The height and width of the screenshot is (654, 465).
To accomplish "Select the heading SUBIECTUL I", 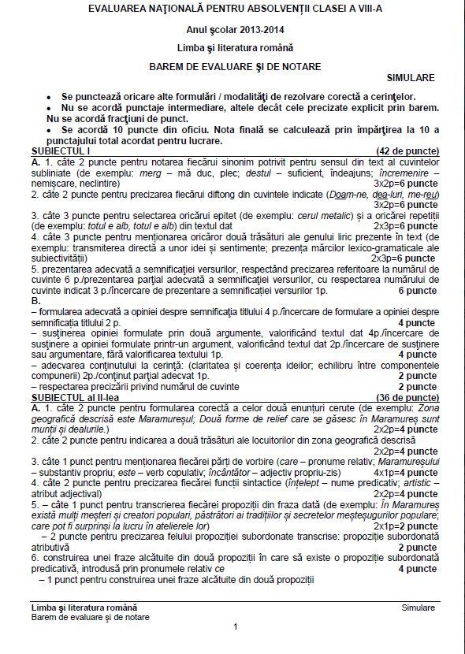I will tap(61, 149).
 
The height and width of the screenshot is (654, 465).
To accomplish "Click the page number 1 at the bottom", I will tap(235, 626).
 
